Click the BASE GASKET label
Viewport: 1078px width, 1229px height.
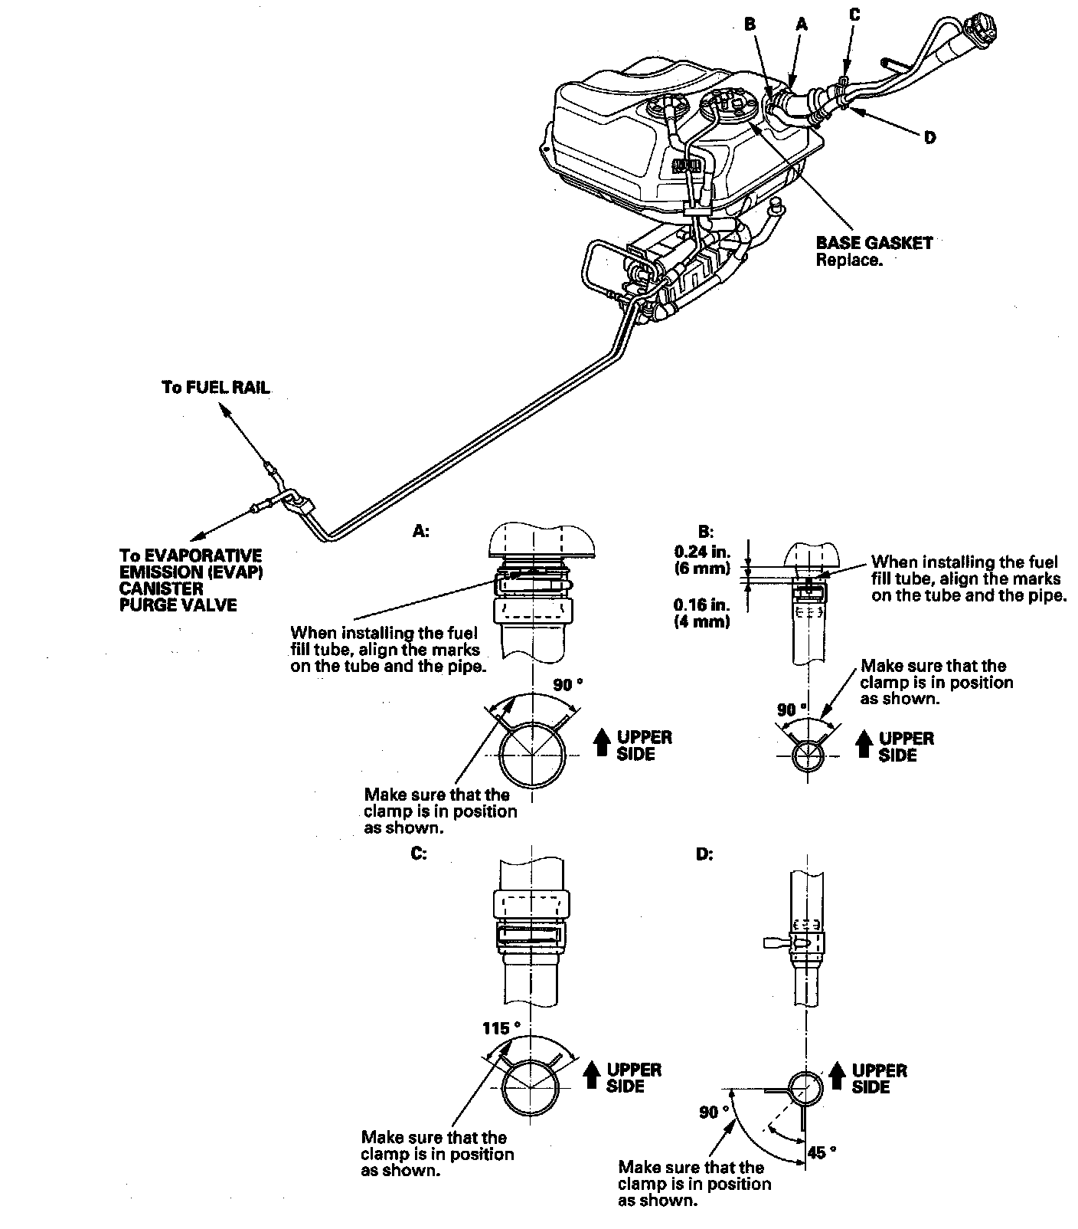point(874,244)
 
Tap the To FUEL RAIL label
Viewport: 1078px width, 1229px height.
point(215,388)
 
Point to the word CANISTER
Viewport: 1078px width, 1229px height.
point(161,588)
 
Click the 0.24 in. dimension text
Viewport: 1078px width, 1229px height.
point(701,551)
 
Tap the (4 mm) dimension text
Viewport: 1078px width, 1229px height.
point(701,621)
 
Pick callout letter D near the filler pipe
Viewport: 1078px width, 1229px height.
point(929,138)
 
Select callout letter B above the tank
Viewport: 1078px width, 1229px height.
point(750,25)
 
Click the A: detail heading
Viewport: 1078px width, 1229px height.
point(421,531)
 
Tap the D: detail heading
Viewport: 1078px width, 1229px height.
point(704,854)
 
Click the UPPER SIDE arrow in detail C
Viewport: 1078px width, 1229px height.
point(590,1077)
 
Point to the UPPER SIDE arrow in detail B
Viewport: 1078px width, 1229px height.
point(863,745)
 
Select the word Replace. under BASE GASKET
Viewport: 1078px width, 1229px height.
point(849,261)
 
